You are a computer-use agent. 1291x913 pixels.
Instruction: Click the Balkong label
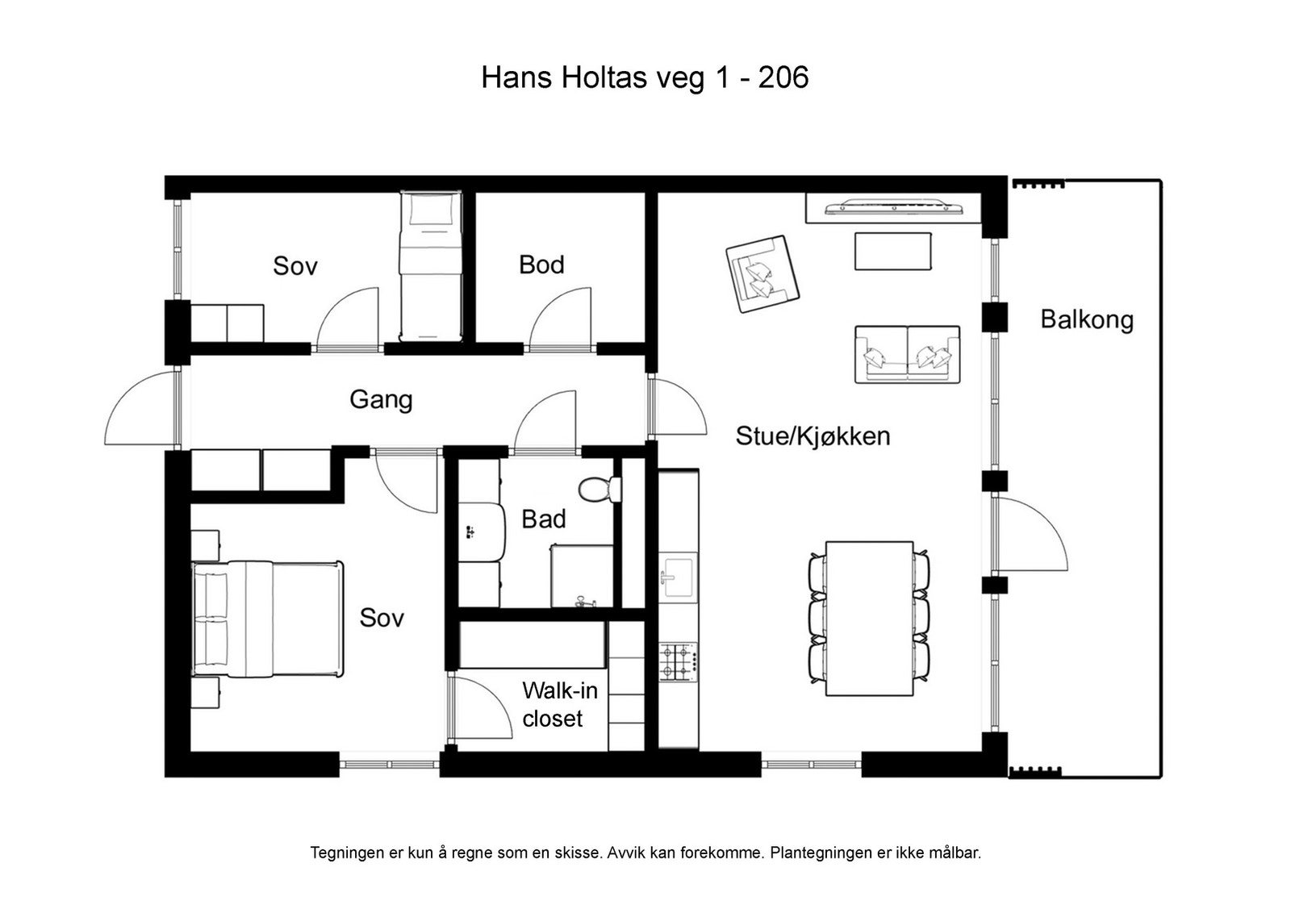click(x=1086, y=320)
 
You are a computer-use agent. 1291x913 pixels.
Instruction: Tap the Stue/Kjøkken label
click(x=813, y=436)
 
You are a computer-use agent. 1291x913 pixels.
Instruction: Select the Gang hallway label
click(x=381, y=399)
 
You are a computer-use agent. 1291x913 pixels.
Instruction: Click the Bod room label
click(x=541, y=265)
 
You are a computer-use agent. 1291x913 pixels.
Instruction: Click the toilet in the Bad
click(x=600, y=489)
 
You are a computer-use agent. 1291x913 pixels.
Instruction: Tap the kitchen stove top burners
click(x=678, y=661)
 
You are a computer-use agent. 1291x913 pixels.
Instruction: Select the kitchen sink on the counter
click(x=677, y=576)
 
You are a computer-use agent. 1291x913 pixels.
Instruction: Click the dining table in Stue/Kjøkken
click(x=869, y=618)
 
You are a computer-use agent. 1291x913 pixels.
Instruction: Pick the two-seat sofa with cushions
click(x=907, y=353)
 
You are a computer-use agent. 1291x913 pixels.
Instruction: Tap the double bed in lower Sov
click(x=267, y=619)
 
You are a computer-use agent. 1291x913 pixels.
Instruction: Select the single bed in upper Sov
click(x=431, y=266)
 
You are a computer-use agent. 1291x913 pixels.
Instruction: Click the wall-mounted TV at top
click(x=893, y=207)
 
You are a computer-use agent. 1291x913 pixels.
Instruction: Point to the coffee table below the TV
click(x=892, y=251)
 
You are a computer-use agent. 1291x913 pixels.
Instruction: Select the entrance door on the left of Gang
click(x=141, y=407)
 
